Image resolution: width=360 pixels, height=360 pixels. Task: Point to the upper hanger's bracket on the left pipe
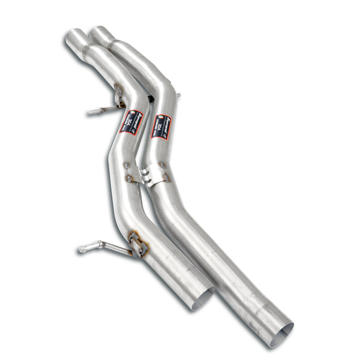point(119,96)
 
